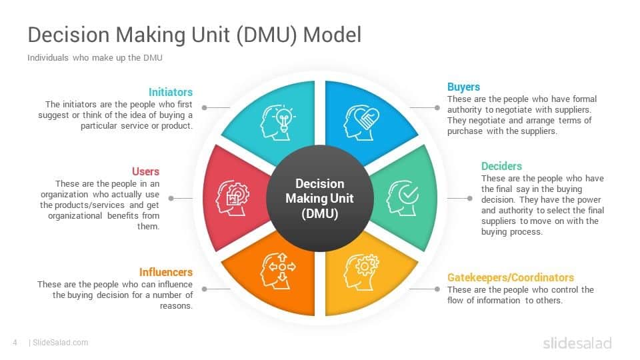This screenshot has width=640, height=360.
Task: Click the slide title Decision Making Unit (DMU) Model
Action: (194, 35)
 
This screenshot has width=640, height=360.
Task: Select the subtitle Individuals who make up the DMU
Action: (95, 58)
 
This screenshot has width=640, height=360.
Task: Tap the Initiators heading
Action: (171, 92)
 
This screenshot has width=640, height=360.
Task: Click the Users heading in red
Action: (145, 171)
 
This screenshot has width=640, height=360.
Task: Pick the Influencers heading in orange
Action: (166, 272)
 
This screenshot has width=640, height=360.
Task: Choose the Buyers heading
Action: (463, 87)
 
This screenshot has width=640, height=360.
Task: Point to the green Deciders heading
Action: (501, 166)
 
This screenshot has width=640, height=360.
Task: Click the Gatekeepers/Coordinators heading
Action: (510, 277)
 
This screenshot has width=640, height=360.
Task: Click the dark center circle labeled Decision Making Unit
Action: (319, 199)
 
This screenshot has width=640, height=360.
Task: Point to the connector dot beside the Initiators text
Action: (205, 107)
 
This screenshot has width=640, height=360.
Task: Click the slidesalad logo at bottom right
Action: (577, 343)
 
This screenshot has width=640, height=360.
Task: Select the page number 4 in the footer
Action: (15, 343)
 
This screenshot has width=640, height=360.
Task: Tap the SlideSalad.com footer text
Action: (60, 343)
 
